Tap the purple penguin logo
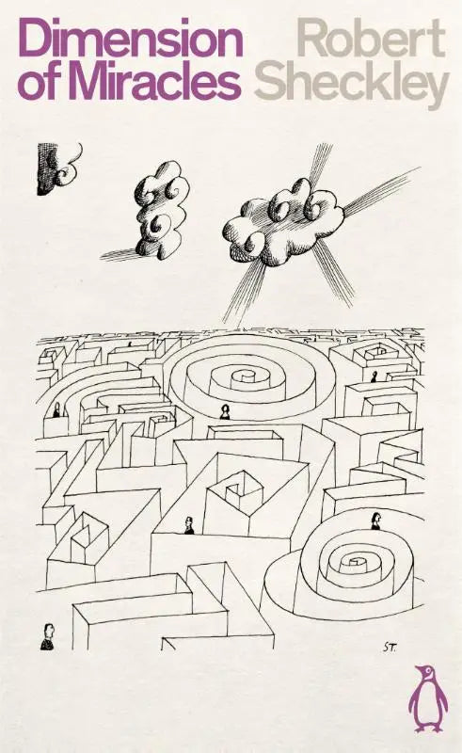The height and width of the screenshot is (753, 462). [x=428, y=698]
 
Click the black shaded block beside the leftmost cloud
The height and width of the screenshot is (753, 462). [x=45, y=168]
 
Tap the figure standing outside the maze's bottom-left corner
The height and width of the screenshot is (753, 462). [x=47, y=637]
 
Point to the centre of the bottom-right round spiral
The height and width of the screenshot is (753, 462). [x=356, y=562]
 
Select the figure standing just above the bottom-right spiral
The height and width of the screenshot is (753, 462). [x=375, y=521]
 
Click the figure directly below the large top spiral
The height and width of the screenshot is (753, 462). [x=224, y=412]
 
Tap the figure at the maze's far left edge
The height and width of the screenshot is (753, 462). [x=56, y=409]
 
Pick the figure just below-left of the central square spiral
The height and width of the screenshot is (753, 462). [x=189, y=525]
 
